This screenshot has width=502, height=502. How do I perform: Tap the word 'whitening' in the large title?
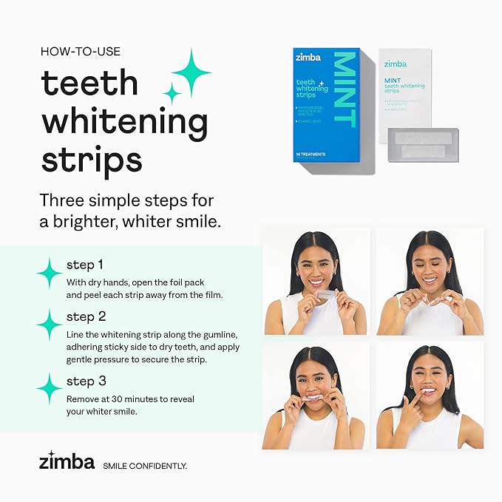pos(123,122)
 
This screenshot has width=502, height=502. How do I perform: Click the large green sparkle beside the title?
pos(191,72)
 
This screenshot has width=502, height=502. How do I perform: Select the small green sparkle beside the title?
pos(172,93)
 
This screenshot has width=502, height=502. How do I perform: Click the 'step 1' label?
pos(84,265)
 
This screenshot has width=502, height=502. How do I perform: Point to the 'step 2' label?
pos(85,316)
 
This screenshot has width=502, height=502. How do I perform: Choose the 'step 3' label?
pos(85,381)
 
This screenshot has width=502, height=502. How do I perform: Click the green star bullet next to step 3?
pos(50,388)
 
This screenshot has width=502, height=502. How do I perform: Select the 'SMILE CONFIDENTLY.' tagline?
pos(144,466)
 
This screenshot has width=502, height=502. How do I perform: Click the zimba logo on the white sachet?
pos(395,64)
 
